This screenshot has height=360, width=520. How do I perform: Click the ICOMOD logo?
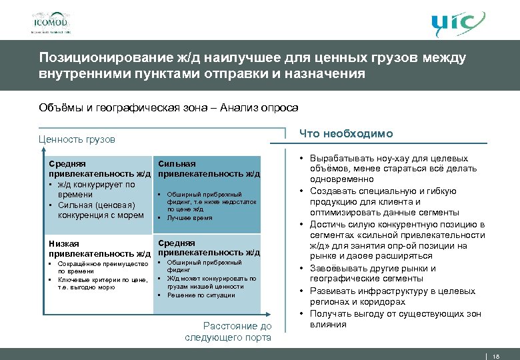coord(51,21)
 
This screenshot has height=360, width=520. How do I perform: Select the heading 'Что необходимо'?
coord(346,134)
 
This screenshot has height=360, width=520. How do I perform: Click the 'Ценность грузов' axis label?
coord(77,139)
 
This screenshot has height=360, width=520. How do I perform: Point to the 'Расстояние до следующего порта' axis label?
coord(228,331)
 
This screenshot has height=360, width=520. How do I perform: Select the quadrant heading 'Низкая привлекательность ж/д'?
coord(97,248)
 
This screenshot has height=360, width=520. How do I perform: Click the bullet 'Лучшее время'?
coord(189,218)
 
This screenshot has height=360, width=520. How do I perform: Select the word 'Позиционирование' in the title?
coord(95,58)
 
